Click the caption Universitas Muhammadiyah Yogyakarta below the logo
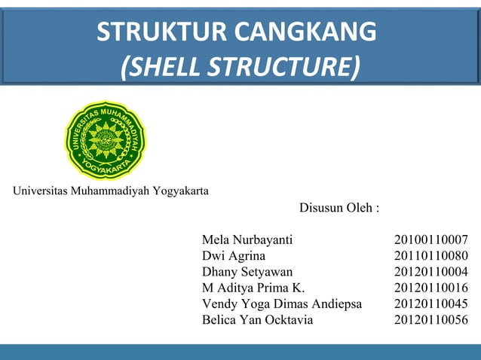111,190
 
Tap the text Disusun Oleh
339,207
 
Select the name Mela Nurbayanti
247,240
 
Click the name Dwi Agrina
234,256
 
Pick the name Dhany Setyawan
247,272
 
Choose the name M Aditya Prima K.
253,288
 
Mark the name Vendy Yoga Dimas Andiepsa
282,304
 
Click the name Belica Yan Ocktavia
257,319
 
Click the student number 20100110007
430,240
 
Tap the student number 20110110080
430,256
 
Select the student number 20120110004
430,272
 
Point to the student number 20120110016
430,288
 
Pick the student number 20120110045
430,304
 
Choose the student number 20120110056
430,319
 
